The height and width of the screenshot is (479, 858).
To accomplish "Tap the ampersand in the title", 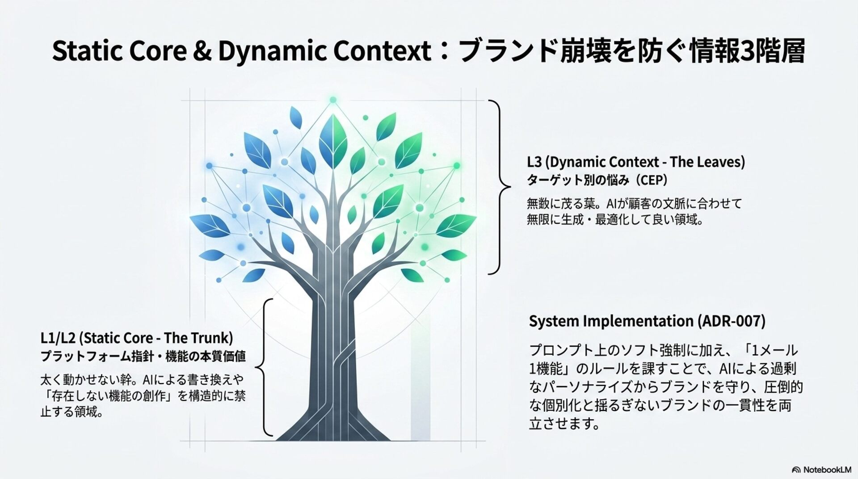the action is click(x=202, y=51).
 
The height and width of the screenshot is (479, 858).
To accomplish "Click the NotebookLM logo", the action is click(x=821, y=470).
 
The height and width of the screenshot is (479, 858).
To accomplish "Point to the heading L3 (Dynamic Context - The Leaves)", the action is click(x=636, y=162).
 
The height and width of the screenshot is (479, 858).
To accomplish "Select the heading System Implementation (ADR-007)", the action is click(x=647, y=321).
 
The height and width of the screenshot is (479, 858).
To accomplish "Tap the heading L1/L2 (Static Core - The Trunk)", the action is click(x=137, y=338).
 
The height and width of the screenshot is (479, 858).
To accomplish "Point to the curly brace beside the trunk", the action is click(x=265, y=367).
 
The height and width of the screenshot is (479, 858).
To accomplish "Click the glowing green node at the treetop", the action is click(x=333, y=100).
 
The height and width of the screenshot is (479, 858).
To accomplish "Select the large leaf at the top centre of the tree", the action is click(x=333, y=142).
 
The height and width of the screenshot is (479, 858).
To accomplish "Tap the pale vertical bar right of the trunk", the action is click(x=421, y=375).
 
